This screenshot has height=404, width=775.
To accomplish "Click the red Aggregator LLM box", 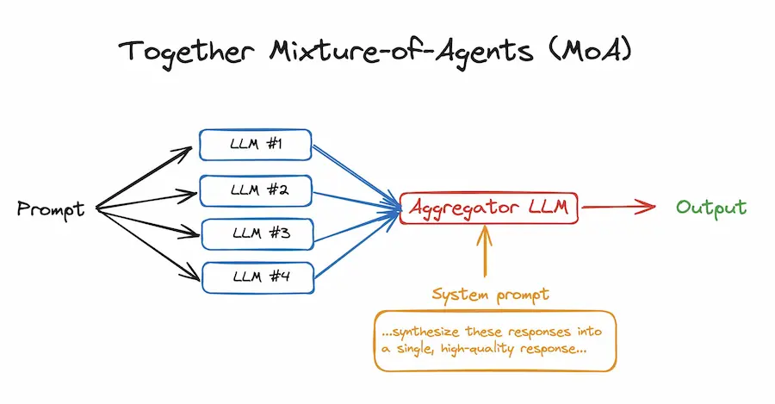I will pos(488,208).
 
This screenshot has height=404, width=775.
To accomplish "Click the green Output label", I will pos(711,208).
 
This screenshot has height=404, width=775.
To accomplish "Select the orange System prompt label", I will pos(491,295).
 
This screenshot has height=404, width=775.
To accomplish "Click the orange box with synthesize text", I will pos(495,341).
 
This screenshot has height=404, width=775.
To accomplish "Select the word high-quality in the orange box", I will pos(490,351).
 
